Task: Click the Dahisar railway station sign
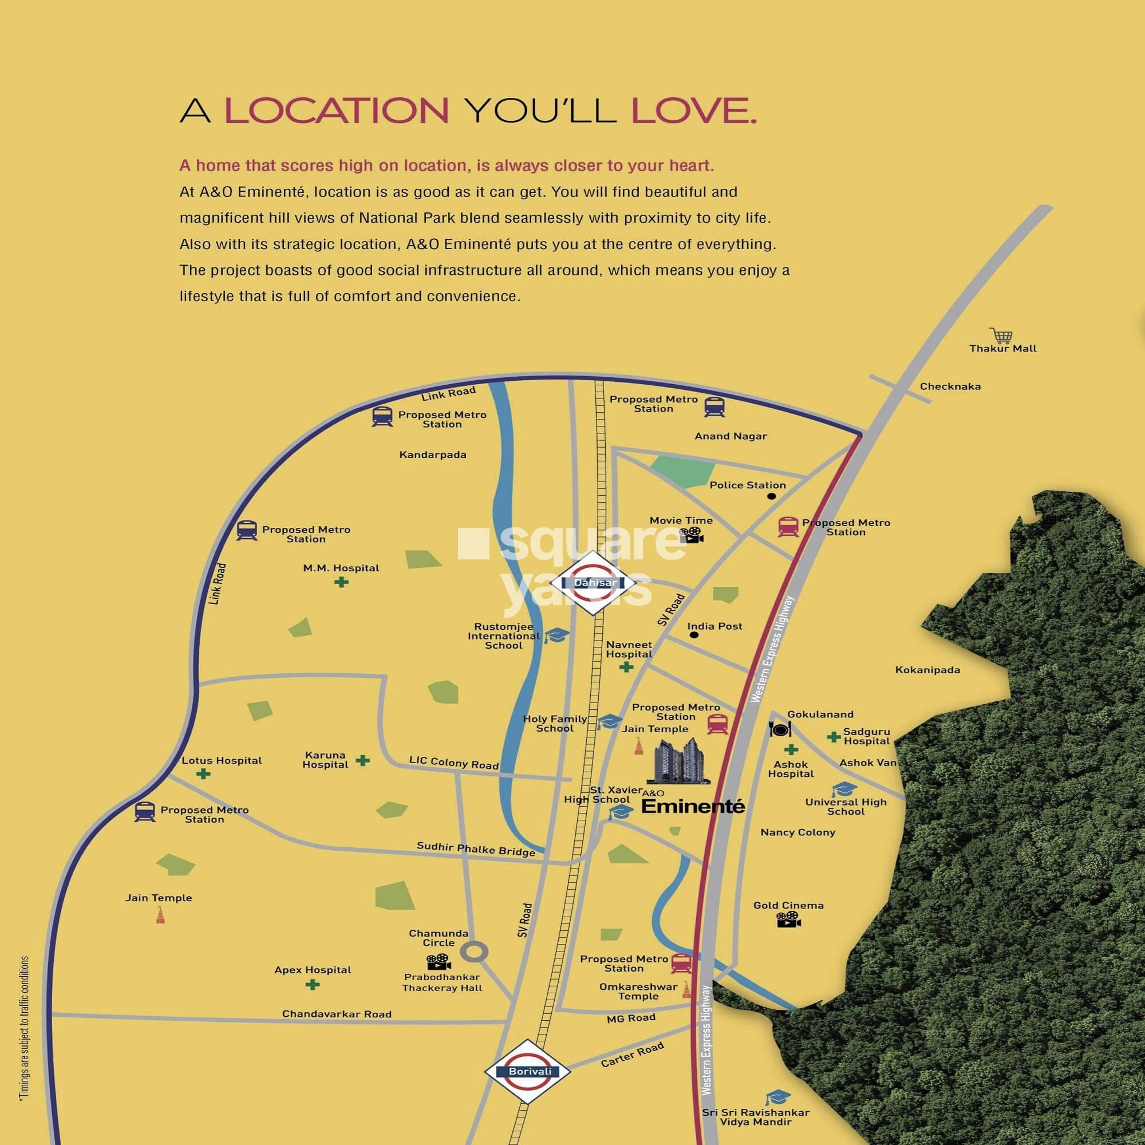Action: coord(594,583)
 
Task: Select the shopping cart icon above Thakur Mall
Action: coord(1001,335)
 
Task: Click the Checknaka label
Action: coord(950,386)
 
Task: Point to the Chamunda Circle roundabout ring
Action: coord(475,953)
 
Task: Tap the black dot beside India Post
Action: coord(694,635)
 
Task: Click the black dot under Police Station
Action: coord(771,496)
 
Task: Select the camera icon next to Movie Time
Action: coord(691,535)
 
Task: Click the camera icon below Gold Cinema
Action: coord(789,920)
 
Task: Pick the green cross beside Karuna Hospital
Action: coord(363,760)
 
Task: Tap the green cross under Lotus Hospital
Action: coord(203,773)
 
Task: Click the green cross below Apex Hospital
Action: coord(313,984)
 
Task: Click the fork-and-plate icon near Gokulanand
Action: coord(779,729)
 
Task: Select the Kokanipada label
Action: coord(927,670)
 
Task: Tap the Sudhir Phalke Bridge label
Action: coord(476,848)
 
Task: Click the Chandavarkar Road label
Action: coord(337,1014)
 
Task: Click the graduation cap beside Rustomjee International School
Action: coord(556,636)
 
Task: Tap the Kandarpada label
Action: coord(433,455)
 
